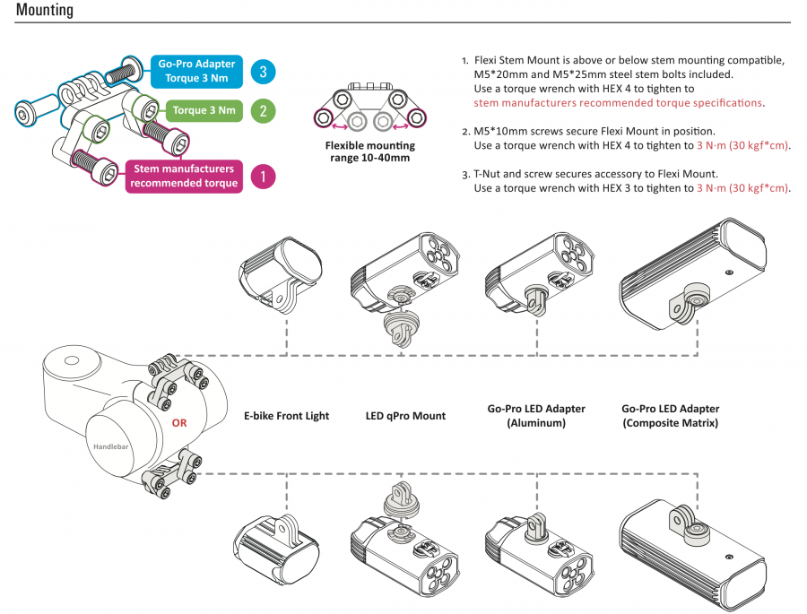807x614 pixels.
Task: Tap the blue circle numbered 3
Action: [x=263, y=70]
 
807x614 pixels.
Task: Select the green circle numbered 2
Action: [x=263, y=112]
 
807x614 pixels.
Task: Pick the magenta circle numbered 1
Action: [x=263, y=177]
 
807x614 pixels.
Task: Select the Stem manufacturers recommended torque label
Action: [x=184, y=176]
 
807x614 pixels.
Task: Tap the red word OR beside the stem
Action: [x=179, y=423]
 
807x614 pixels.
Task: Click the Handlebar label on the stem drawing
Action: [x=110, y=445]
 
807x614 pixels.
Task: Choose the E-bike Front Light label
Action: [x=286, y=416]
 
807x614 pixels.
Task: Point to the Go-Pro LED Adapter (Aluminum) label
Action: [x=536, y=415]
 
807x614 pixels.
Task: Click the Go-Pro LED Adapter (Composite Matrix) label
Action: [x=670, y=415]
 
